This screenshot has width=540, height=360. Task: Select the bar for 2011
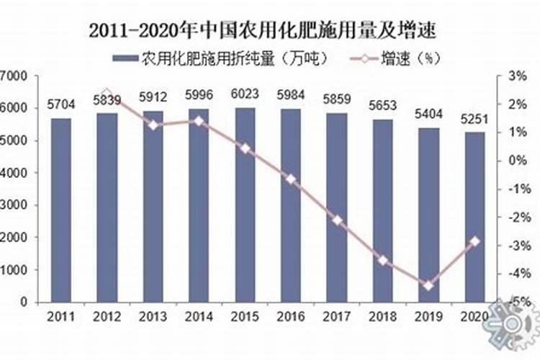(60, 209)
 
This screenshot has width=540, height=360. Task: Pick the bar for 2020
(474, 216)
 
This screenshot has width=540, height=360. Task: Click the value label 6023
(246, 94)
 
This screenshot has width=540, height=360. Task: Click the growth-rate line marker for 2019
(428, 286)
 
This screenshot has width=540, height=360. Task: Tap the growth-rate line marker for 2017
(337, 220)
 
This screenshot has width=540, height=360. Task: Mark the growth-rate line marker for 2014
(199, 121)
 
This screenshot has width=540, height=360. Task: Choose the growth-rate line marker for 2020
(474, 241)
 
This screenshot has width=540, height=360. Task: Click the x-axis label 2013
(153, 315)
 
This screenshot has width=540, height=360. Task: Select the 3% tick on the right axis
(517, 76)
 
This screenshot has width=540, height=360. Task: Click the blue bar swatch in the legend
(126, 58)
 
